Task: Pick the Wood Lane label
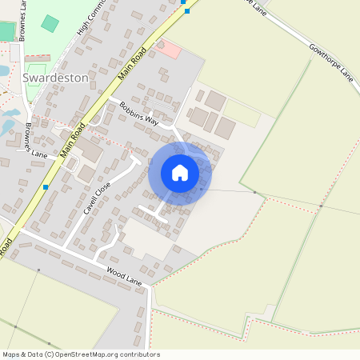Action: (124, 277)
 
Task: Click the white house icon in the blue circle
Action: (179, 173)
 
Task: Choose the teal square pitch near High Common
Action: (50, 23)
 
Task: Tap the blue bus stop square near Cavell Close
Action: (46, 186)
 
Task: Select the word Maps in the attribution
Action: (12, 354)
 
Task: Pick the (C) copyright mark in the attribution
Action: (49, 354)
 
